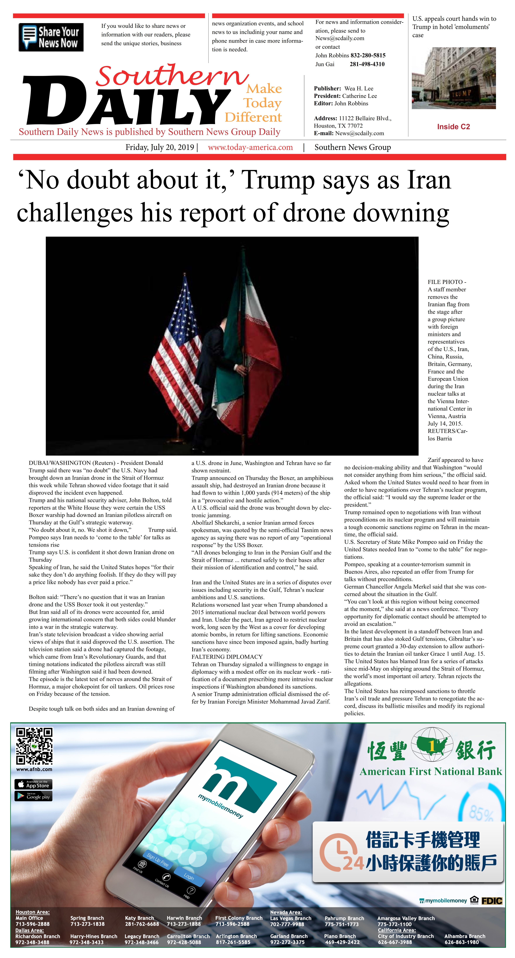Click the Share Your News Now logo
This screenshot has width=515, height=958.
point(51,37)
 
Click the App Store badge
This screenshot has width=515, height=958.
point(34,784)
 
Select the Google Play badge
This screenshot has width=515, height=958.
point(34,796)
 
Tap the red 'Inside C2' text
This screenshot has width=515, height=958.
point(453,127)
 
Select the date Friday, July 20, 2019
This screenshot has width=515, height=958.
point(160,147)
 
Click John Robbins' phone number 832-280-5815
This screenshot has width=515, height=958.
point(368,55)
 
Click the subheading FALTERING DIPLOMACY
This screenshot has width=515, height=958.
point(227,657)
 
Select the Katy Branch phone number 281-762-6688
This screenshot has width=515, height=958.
point(142,924)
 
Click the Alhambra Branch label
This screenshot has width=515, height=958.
point(464,936)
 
